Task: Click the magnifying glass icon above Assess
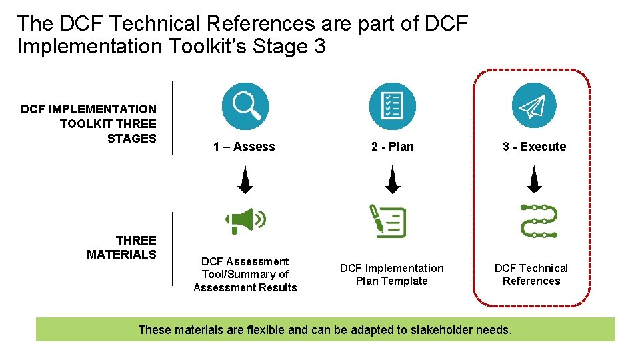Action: [x=245, y=106]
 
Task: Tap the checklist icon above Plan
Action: [x=392, y=106]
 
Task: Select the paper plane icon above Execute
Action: [x=533, y=106]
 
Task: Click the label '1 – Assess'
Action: [x=244, y=147]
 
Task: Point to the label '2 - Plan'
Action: [x=392, y=147]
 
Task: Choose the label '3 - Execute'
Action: [x=534, y=147]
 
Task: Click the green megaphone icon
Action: [x=245, y=221]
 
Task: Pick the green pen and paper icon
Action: [x=388, y=221]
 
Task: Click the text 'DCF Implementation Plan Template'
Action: [x=391, y=275]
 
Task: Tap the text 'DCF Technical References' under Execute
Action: [x=531, y=275]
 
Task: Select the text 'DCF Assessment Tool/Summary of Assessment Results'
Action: [x=245, y=275]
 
